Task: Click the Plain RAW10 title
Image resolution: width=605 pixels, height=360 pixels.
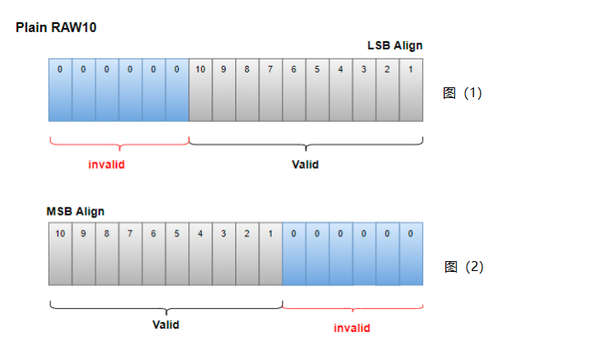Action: pyautogui.click(x=57, y=27)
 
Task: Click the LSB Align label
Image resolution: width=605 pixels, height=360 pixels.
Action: pyautogui.click(x=395, y=45)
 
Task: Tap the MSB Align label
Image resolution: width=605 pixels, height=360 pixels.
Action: pyautogui.click(x=75, y=211)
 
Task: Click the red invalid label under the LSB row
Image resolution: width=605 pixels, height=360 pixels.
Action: pyautogui.click(x=106, y=164)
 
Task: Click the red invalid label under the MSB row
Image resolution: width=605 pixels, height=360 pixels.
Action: pyautogui.click(x=351, y=328)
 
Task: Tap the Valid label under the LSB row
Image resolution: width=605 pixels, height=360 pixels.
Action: pyautogui.click(x=305, y=164)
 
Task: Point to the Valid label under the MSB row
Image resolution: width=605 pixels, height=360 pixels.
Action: pyautogui.click(x=165, y=325)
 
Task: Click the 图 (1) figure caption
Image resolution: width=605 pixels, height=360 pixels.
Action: pyautogui.click(x=463, y=93)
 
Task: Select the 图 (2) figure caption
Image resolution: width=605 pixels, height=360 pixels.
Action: pyautogui.click(x=463, y=267)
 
